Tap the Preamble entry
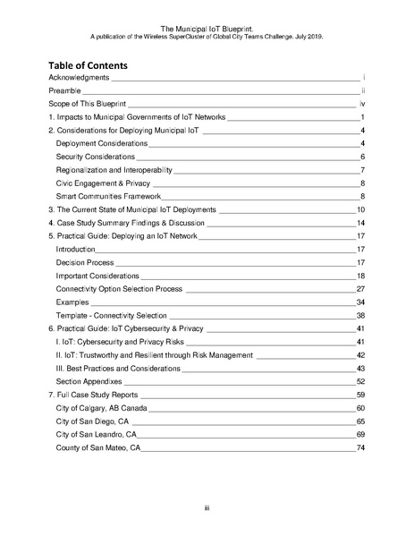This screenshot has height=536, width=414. tap(65, 92)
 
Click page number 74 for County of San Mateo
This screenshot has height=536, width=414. tap(360, 447)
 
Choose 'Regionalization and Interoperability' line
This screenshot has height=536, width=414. tap(114, 170)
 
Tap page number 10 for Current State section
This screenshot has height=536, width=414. tap(360, 209)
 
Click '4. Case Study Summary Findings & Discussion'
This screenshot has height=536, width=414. tap(127, 222)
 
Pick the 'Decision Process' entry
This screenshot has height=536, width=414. tap(85, 262)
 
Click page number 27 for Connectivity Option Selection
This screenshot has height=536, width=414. tap(360, 289)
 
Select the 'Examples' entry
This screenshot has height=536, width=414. tap(74, 302)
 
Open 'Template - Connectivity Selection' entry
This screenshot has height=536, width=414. tap(112, 316)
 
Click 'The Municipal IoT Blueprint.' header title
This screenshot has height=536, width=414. tap(207, 29)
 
